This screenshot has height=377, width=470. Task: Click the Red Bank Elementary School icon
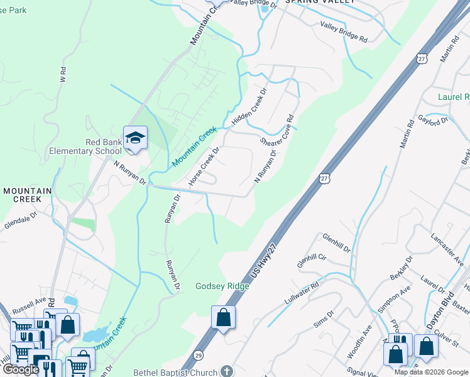135,137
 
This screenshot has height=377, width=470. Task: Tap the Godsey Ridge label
222,286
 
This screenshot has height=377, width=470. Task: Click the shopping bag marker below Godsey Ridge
223,317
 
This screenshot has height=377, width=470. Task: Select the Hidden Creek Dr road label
249,104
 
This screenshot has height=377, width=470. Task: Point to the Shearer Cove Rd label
278,128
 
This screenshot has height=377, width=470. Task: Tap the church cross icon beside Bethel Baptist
227,371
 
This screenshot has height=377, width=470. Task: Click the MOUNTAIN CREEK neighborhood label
22,194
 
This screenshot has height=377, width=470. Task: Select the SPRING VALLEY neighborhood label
320,2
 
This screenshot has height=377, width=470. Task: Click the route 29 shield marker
199,355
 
